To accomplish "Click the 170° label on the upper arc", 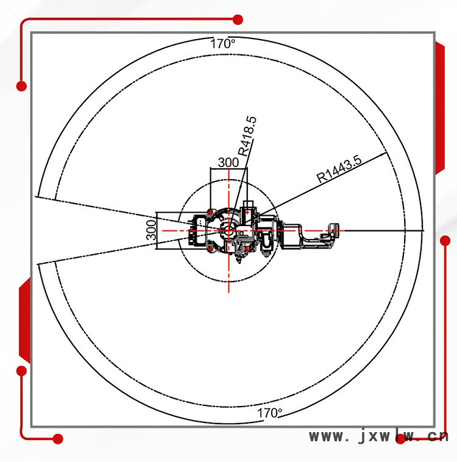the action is (x=223, y=44).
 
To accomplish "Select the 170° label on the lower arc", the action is (x=269, y=413).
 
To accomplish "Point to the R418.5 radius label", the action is (x=247, y=136).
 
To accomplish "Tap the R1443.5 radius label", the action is (x=339, y=169).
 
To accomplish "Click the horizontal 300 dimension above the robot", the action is (x=228, y=162).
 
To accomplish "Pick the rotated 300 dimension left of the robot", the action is (x=151, y=230).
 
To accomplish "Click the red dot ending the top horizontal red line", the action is (x=238, y=20).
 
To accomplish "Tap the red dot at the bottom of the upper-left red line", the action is (x=21, y=86).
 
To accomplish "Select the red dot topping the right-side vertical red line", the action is (x=445, y=240).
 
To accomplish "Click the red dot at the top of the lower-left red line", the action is (x=21, y=371).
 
